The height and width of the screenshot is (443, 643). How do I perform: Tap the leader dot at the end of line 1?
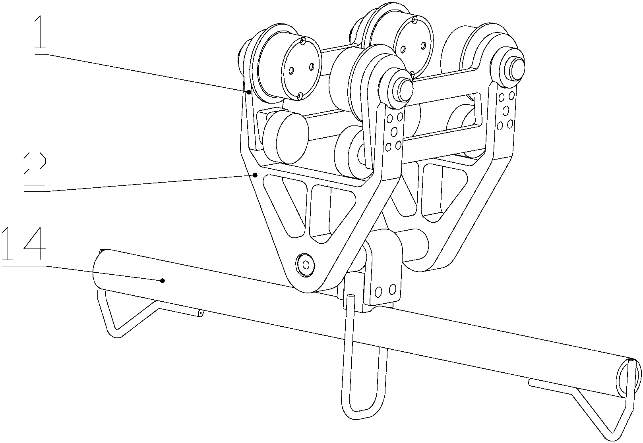[x=249, y=92]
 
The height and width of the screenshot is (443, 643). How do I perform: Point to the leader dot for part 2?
[x=255, y=175]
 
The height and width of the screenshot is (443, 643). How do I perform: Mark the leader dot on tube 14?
[x=163, y=281]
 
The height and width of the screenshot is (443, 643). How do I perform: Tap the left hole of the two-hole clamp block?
[x=378, y=292]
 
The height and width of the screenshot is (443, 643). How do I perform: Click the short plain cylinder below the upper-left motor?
[x=286, y=138]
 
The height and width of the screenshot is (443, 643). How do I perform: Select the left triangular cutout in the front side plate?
[x=284, y=205]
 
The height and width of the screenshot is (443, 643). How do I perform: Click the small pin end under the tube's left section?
[x=200, y=313]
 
